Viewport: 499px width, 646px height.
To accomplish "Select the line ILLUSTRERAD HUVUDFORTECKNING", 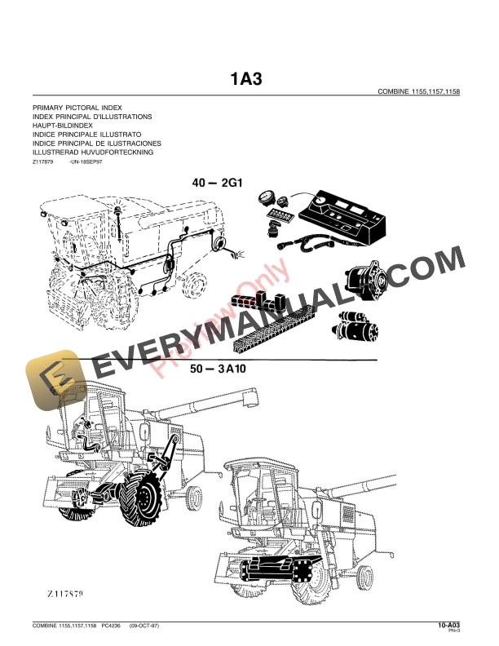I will pos(92,153).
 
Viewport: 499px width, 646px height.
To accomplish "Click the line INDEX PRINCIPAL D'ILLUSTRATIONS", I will pos(92,117).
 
